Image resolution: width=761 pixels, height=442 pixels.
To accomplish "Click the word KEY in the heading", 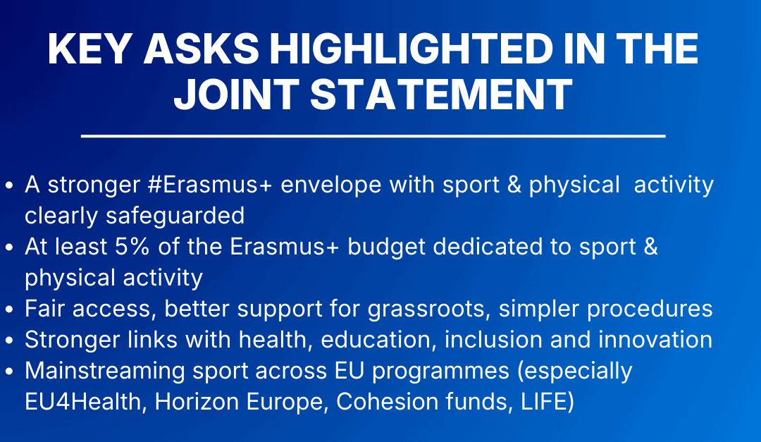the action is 89,49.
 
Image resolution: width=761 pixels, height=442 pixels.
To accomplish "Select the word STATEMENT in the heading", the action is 442,94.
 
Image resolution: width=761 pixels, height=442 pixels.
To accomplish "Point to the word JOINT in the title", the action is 236,94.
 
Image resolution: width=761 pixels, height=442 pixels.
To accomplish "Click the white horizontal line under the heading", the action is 373,136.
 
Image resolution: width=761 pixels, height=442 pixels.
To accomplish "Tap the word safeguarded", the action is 175,216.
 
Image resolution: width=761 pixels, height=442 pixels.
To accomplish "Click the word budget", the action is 386,247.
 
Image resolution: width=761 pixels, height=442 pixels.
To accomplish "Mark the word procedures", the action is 650,309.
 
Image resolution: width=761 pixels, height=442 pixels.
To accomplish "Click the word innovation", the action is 655,340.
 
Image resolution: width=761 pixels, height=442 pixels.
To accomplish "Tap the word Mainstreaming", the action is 105,372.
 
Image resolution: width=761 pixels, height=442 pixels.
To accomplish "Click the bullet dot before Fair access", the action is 8,310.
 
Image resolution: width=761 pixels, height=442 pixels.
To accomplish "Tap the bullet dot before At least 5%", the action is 8,247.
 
